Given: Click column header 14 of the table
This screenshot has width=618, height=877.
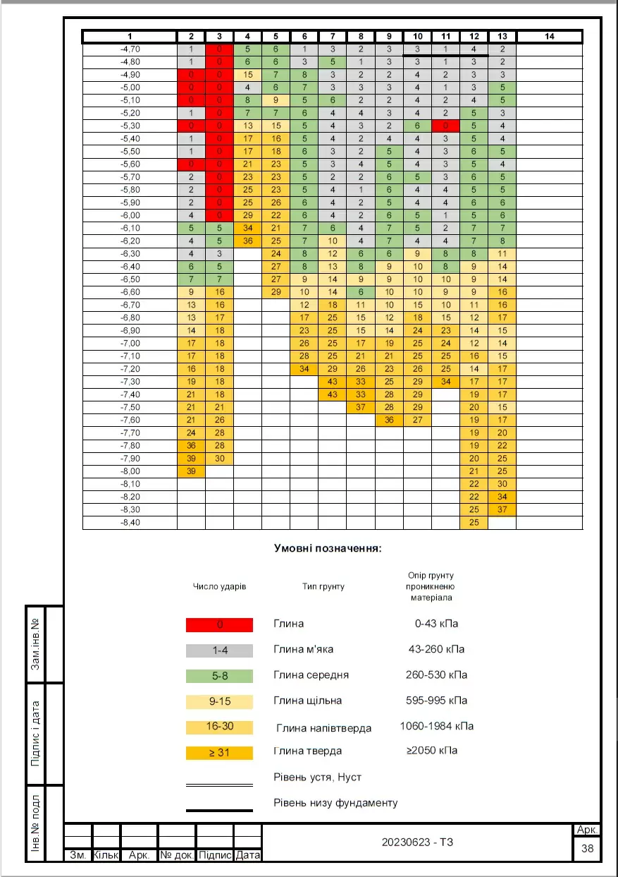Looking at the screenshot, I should [x=549, y=36].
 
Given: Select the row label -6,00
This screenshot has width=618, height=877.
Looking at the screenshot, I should [x=130, y=215].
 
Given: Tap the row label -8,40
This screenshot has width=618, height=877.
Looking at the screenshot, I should [x=130, y=522].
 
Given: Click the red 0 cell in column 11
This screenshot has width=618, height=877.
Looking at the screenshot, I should [x=445, y=126].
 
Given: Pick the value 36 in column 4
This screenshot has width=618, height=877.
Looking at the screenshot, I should [x=247, y=241].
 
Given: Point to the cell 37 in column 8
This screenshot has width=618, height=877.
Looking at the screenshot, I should [x=360, y=407].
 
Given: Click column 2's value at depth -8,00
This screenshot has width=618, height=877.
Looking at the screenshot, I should [x=191, y=471].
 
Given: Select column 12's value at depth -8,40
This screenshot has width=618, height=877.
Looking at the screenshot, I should [x=474, y=522].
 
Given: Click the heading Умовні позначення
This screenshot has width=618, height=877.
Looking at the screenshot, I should [x=328, y=548].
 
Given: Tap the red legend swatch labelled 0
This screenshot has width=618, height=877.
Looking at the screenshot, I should [x=219, y=624].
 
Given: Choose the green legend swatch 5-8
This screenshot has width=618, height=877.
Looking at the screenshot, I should [x=219, y=675].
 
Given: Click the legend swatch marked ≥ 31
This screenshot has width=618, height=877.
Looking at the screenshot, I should [x=219, y=753].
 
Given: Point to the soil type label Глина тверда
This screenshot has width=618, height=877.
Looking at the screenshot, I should [x=307, y=751].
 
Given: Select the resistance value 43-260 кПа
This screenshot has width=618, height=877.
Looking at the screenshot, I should [x=436, y=649].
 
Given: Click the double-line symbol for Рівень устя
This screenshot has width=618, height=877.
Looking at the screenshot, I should [x=219, y=784].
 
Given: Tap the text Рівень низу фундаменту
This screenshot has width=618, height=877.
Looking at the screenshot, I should [x=335, y=803].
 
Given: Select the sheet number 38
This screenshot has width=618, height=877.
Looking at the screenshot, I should [x=587, y=848].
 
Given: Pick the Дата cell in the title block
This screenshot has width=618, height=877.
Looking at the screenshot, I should [x=247, y=855].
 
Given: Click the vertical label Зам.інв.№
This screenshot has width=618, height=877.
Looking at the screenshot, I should [x=35, y=644].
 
